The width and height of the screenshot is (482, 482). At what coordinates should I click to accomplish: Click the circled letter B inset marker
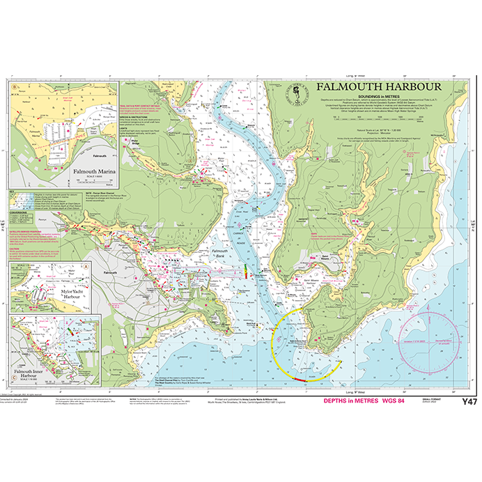click(15, 88)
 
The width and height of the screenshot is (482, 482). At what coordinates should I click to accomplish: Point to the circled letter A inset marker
click(84, 267)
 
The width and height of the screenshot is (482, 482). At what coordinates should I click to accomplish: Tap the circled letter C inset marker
click(14, 319)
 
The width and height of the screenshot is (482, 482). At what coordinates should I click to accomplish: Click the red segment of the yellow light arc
click(300, 380)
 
